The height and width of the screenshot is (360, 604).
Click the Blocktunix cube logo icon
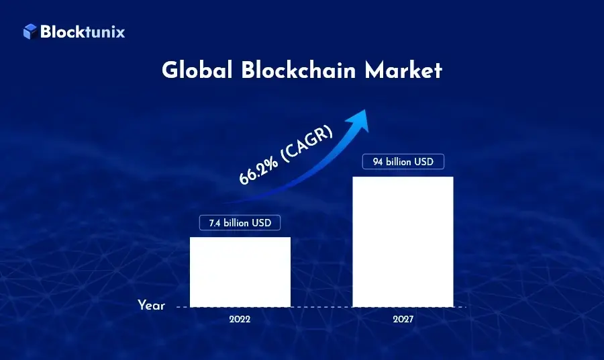click(30, 31)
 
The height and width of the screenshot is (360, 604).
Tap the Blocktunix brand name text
click(83, 31)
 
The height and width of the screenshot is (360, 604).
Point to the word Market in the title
click(404, 71)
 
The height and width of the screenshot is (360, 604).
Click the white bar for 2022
click(240, 271)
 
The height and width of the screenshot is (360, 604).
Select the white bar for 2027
click(403, 242)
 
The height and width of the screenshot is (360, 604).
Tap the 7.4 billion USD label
click(240, 222)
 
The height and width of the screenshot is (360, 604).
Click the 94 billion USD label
click(403, 162)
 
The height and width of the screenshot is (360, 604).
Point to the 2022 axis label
click(240, 320)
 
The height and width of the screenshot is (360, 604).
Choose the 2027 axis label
click(403, 320)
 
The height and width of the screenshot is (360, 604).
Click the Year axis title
click(151, 306)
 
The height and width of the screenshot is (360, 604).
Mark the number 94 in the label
click(376, 162)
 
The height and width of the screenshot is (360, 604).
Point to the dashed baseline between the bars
click(321, 307)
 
